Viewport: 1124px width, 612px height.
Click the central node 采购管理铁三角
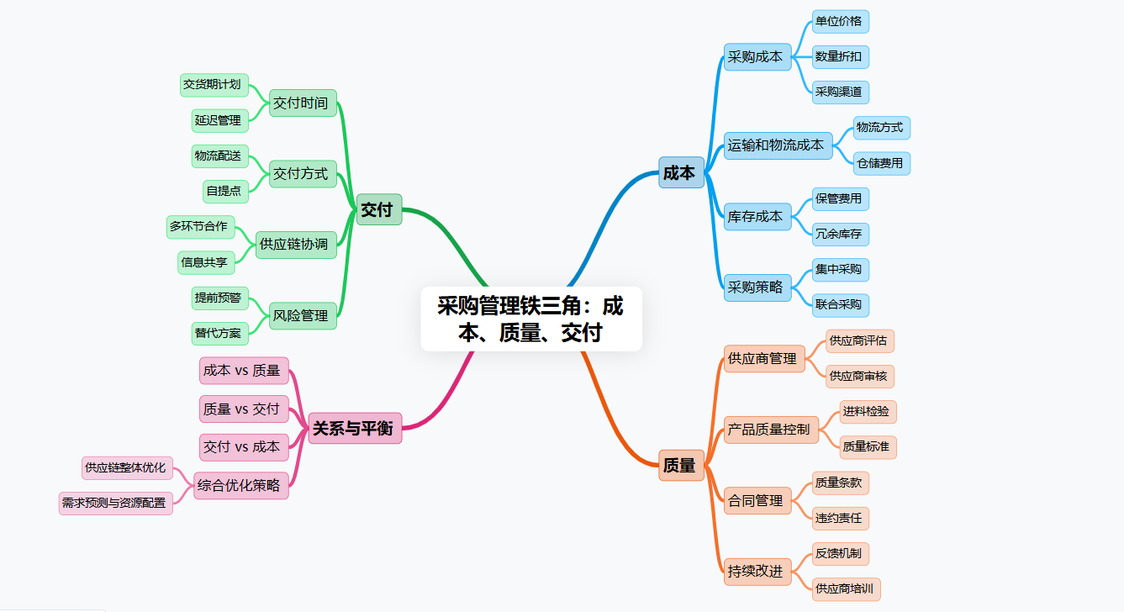pos(530,319)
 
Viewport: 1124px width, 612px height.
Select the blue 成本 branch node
pos(680,172)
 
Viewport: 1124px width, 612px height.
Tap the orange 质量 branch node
pos(680,465)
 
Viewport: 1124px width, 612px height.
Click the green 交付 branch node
pos(377,209)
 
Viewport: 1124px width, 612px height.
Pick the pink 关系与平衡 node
pos(354,427)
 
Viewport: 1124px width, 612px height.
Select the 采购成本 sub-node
pos(757,57)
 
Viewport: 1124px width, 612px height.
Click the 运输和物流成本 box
pos(777,145)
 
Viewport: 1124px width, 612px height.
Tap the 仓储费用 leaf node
pos(881,163)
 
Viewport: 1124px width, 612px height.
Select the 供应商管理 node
pos(763,358)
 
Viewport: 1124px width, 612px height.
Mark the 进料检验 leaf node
pos(868,412)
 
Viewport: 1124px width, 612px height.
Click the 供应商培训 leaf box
pos(846,588)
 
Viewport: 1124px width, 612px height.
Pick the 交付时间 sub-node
pos(302,103)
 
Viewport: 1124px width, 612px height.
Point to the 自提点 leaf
pos(224,191)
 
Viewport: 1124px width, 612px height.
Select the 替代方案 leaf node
pos(219,333)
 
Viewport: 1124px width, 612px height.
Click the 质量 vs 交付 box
pos(243,409)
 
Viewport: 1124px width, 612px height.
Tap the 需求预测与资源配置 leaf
pos(115,504)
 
